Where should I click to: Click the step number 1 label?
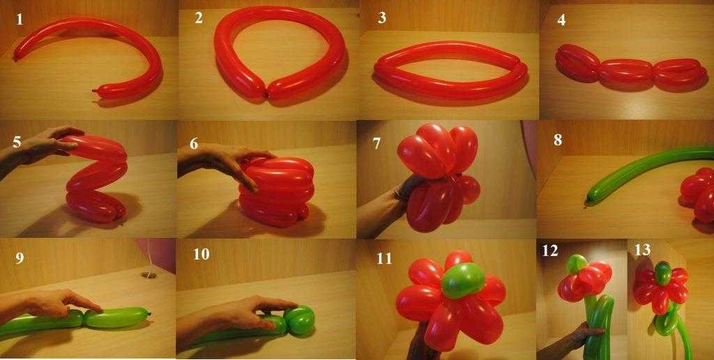19,20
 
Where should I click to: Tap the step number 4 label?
561,20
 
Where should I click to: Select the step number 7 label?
377,144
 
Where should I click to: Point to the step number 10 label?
201,254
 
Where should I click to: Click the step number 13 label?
642,250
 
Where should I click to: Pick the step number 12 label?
549,250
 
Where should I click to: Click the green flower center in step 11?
463,280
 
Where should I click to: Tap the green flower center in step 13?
663,273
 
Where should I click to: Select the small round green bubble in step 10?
298,320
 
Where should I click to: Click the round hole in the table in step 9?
149,276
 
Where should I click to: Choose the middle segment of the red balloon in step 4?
627,74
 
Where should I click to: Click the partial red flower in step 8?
697,194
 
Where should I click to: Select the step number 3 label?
382,17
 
